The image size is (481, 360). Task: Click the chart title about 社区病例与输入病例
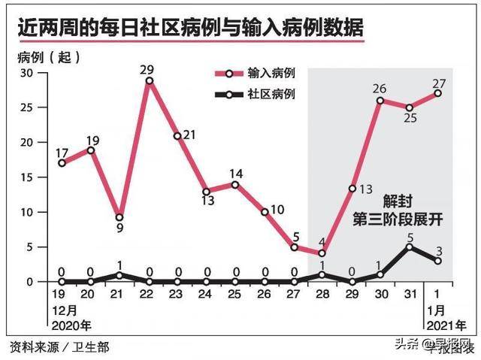(x=192, y=29)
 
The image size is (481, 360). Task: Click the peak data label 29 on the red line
(x=149, y=69)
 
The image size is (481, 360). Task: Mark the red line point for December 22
(x=149, y=80)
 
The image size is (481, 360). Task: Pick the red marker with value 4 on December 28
(x=322, y=253)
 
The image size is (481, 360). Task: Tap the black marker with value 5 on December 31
(x=409, y=247)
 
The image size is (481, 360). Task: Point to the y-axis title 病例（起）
(x=47, y=57)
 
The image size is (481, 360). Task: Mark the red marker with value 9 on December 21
(x=119, y=218)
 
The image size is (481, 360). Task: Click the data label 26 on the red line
(x=380, y=89)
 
